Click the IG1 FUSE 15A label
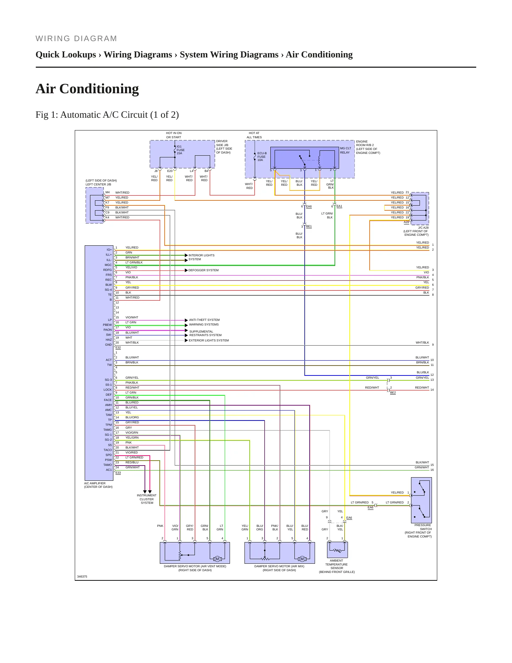click(x=181, y=150)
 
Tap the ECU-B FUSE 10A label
click(x=262, y=156)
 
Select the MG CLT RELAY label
click(x=345, y=150)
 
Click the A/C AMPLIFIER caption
click(x=98, y=485)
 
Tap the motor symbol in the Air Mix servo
click(x=302, y=559)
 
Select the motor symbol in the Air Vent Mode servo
click(x=217, y=559)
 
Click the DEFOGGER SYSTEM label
click(x=203, y=270)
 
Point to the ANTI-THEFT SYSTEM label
click(x=204, y=320)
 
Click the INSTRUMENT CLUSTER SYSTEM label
click(x=147, y=499)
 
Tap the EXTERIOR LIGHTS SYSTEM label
click(x=209, y=340)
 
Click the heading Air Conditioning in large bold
click(x=87, y=89)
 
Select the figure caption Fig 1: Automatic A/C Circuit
click(x=107, y=115)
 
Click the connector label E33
click(x=118, y=473)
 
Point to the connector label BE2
click(x=393, y=392)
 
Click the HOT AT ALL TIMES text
click(x=254, y=135)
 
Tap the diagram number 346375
click(x=82, y=576)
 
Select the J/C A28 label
click(x=423, y=228)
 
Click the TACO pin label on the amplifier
click(x=107, y=450)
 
